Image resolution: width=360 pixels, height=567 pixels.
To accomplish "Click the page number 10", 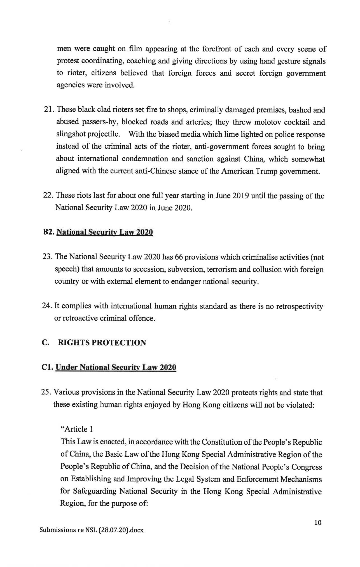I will tap(318, 523).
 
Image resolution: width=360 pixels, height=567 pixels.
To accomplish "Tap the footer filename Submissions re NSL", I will tap(92, 530).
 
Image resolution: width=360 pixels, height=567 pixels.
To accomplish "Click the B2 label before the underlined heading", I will tap(48, 232).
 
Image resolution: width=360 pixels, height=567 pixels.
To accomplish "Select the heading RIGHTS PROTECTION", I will tap(102, 343).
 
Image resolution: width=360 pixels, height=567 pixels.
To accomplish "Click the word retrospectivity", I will tap(300, 306).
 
